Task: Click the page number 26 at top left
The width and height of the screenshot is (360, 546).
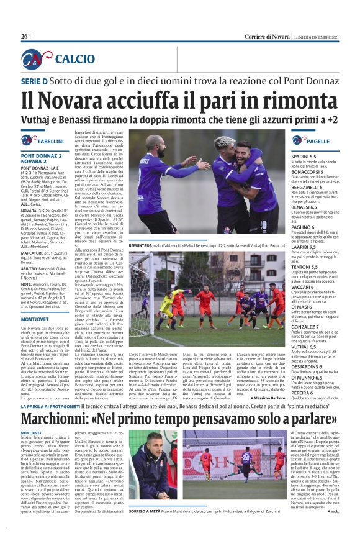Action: click(25, 37)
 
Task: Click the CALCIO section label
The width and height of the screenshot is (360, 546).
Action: click(74, 59)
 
